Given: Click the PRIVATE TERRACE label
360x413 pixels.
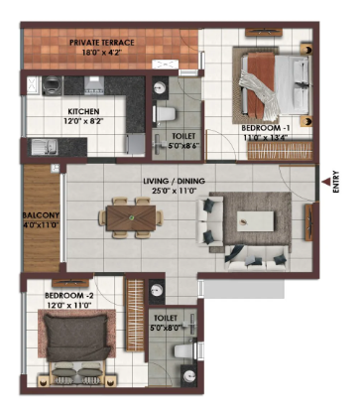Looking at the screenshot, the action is point(102,43).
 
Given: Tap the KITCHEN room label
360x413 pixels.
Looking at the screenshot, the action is point(83,111).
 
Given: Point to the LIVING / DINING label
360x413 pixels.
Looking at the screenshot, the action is point(174,182).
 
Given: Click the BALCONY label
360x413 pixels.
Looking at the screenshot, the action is point(41,215).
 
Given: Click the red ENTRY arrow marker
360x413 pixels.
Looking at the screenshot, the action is point(326,181).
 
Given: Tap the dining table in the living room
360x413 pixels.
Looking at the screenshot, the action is point(131,217).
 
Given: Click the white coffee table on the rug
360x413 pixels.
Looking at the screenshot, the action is point(255,221).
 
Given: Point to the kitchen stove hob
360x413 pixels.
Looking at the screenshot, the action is point(94,85).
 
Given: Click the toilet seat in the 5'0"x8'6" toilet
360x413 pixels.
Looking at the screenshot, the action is point(165,114).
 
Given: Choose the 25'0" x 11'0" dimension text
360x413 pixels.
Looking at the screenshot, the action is point(175,191).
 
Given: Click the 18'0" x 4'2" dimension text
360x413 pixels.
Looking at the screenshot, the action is point(102,52).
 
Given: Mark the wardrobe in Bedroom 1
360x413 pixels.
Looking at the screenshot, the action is point(280,151).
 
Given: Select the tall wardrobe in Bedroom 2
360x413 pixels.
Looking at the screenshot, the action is point(135,315).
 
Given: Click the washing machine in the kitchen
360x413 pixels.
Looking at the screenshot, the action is point(53,85).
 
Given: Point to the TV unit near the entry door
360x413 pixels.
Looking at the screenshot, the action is point(309,222).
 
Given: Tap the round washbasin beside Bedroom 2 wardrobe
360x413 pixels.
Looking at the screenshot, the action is point(156,291).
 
